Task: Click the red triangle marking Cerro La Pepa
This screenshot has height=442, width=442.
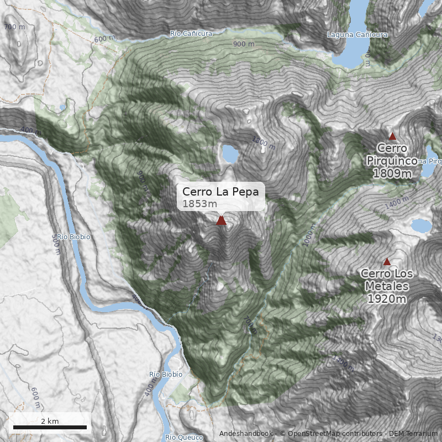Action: [x=221, y=220]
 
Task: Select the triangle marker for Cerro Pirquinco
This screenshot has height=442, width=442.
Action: [x=392, y=136]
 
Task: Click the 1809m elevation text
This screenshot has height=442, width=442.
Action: [x=392, y=173]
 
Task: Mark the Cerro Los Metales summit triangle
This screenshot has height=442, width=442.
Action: [x=387, y=262]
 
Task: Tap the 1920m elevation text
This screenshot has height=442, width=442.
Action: [x=387, y=299]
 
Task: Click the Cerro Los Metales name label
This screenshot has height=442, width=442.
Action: [x=387, y=280]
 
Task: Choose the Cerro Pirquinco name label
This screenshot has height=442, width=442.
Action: [x=392, y=154]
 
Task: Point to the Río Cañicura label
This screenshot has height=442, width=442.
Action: [x=191, y=34]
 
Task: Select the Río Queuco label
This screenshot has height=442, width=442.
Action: [x=184, y=438]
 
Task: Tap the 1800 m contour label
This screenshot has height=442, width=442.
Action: [x=263, y=143]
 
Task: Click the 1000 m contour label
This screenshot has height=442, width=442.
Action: [x=308, y=236]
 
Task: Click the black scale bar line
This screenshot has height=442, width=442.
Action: [x=50, y=427]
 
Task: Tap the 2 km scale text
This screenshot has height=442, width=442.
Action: [x=50, y=421]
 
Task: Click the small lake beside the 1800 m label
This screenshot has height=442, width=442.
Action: [x=230, y=154]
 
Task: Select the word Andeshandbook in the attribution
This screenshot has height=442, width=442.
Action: [x=245, y=434]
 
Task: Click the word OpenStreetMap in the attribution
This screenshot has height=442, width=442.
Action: [x=314, y=434]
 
